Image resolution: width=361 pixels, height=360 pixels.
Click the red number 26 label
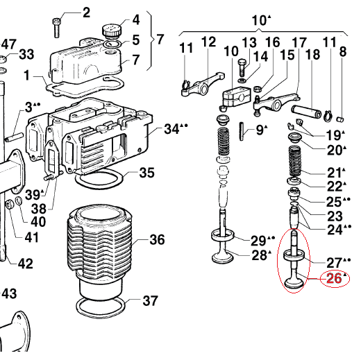(334, 278)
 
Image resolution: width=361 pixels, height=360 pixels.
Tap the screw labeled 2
(56, 28)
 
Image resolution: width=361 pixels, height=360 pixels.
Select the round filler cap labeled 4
(111, 31)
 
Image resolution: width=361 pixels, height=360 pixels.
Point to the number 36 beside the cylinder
(157, 239)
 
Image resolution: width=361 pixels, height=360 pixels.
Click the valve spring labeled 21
(295, 161)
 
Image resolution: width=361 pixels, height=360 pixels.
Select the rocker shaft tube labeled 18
(306, 112)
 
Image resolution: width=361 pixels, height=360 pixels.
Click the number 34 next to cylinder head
(171, 129)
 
